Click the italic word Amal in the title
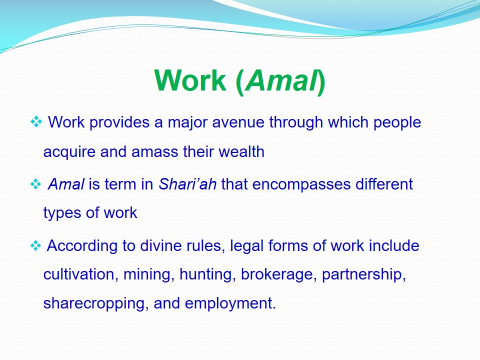pos(281,80)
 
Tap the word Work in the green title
pos(190,80)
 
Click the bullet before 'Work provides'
pos(36,122)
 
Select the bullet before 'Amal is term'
pos(36,184)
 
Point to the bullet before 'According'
pos(36,245)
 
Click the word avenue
pos(238,122)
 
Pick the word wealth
pos(241,151)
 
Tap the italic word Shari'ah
pos(187,184)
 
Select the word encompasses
pos(301,184)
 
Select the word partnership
pos(363,275)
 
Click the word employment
pos(230,303)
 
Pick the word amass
pos(154,152)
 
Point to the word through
pos(296,122)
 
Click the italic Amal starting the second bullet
pos(66,184)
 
